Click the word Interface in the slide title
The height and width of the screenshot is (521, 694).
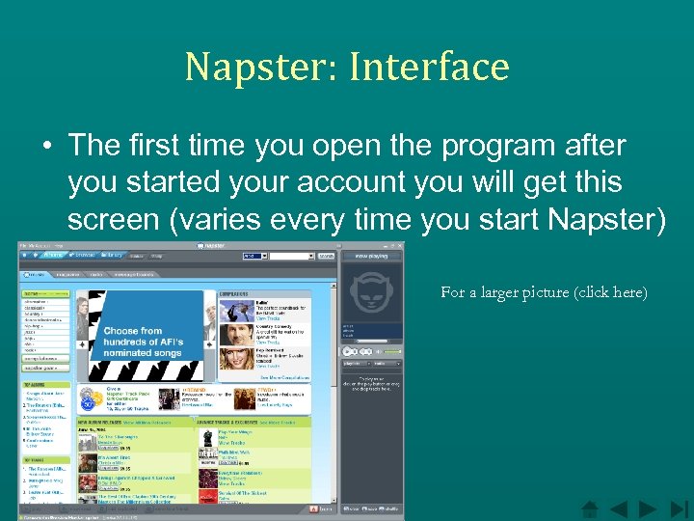pyautogui.click(x=429, y=67)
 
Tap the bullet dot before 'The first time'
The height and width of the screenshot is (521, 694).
pyautogui.click(x=46, y=148)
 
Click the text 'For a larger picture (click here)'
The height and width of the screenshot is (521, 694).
pyautogui.click(x=544, y=291)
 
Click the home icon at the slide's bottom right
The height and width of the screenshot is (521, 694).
pyautogui.click(x=590, y=507)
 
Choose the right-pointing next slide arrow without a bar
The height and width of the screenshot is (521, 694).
pyautogui.click(x=648, y=507)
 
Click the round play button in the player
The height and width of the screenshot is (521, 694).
pyautogui.click(x=347, y=351)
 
